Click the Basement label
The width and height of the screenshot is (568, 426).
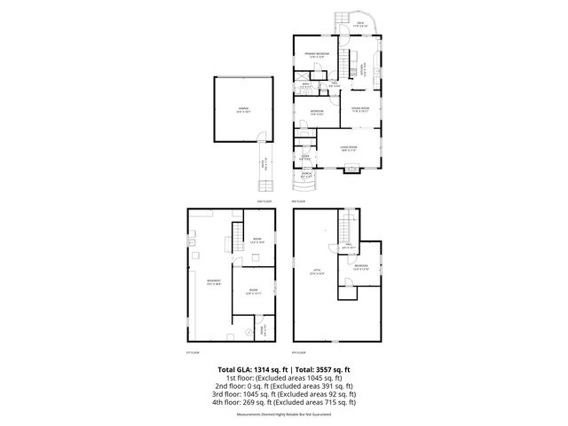click(213, 283)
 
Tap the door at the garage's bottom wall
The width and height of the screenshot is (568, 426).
click(262, 136)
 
